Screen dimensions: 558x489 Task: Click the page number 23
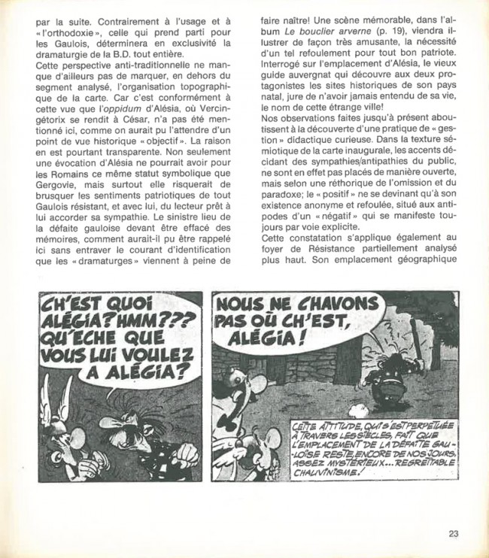click(x=453, y=535)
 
